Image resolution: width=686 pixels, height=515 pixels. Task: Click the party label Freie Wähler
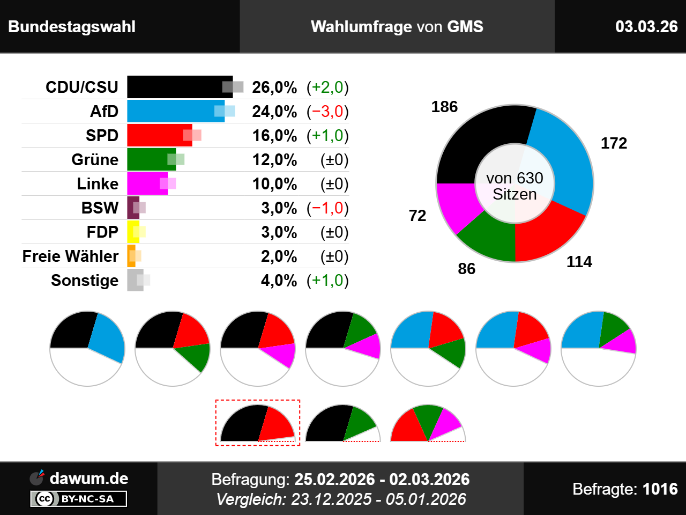(x=70, y=256)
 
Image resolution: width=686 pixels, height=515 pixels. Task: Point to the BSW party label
(x=100, y=208)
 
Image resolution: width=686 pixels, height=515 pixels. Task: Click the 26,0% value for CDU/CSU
(x=274, y=87)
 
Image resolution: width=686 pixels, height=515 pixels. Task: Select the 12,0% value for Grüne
(x=274, y=160)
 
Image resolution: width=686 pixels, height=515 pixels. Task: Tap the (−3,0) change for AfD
(x=327, y=112)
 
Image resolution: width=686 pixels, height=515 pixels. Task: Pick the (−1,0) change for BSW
(x=327, y=208)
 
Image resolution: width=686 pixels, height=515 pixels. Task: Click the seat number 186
(x=444, y=107)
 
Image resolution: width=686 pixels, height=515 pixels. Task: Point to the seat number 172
(x=614, y=143)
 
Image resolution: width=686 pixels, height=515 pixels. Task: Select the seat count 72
(x=417, y=216)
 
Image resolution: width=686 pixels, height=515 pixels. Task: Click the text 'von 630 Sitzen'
(x=514, y=186)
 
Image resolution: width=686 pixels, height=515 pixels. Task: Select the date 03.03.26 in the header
(x=646, y=26)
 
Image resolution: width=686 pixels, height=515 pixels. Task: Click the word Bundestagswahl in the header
(x=72, y=26)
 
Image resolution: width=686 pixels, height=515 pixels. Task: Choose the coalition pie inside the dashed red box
(x=257, y=424)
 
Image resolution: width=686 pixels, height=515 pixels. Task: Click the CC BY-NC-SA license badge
(x=79, y=499)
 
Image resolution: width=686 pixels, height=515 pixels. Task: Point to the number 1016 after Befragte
(x=660, y=489)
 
